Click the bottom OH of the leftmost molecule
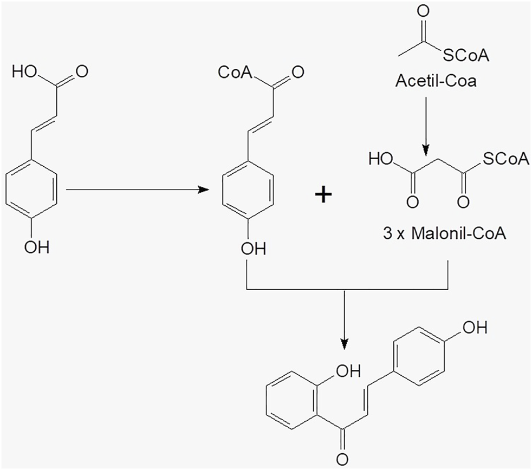37,248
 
